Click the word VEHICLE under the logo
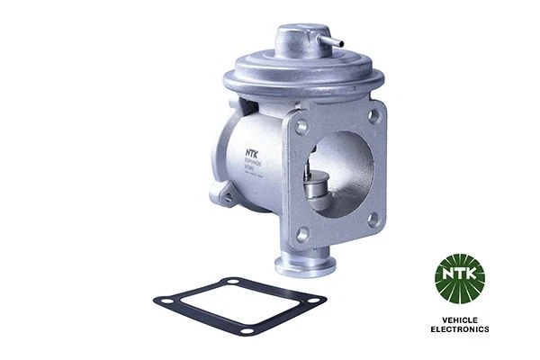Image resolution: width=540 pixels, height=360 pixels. pyautogui.click(x=460, y=321)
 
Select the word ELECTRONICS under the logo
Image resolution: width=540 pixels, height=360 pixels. pyautogui.click(x=460, y=330)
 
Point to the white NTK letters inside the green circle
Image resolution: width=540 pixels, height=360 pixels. pyautogui.click(x=460, y=271)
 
